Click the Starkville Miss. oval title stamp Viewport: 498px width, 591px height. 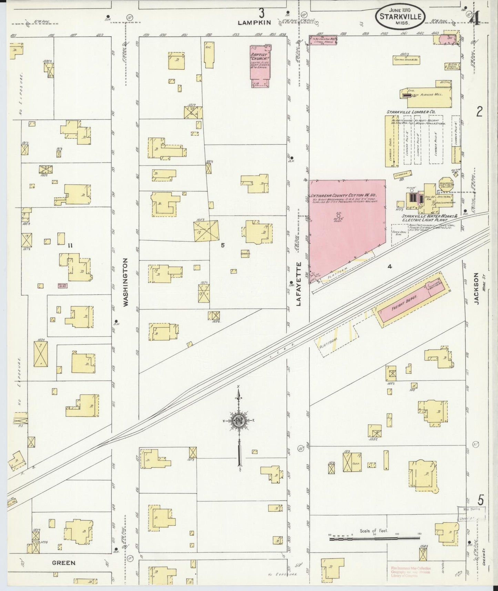click(400, 16)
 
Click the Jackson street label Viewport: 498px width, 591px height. click(476, 288)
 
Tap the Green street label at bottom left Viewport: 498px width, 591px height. click(64, 563)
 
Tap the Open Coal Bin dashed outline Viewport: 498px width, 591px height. click(399, 235)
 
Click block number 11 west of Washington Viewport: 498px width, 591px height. click(70, 246)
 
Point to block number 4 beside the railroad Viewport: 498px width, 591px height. click(390, 266)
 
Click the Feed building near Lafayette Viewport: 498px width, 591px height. click(352, 462)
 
